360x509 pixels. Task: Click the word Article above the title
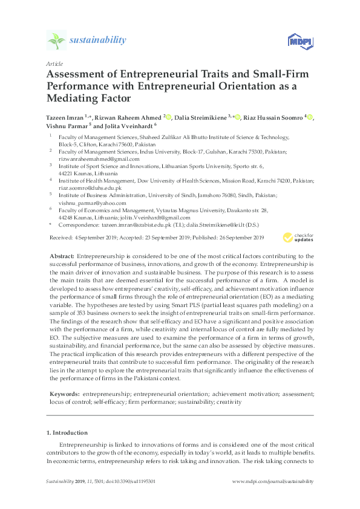tap(54, 63)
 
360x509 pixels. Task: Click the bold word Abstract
tap(61, 257)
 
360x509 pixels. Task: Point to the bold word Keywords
tap(64, 394)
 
